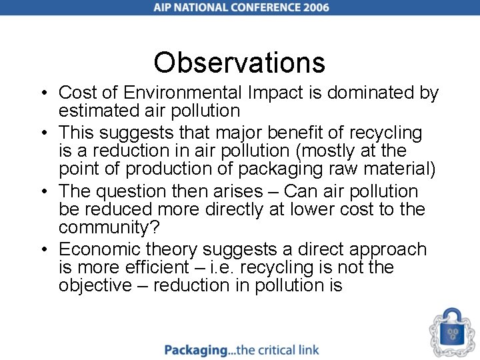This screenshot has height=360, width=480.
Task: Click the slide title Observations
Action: coord(239,63)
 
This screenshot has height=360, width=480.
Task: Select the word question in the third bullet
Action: coord(132,192)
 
